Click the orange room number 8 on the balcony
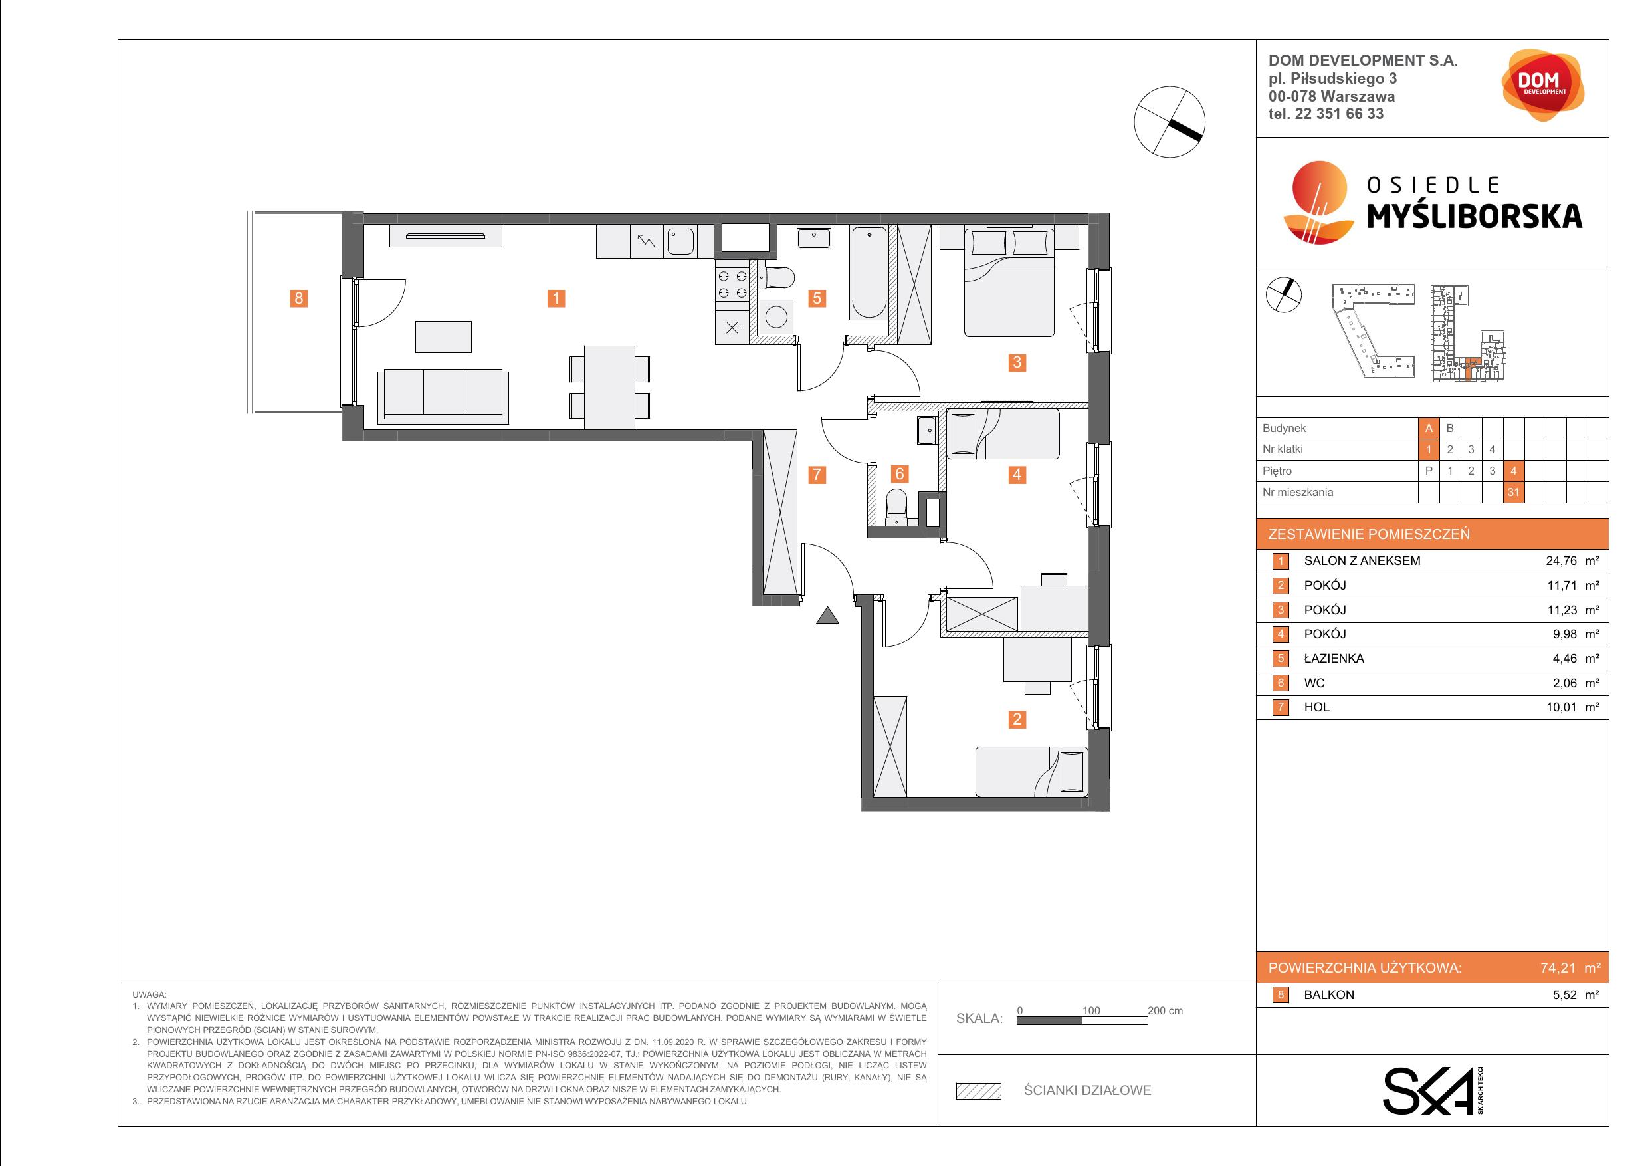coord(298,298)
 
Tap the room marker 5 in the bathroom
coord(817,298)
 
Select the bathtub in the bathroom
coord(869,273)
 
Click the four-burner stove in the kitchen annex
coord(732,284)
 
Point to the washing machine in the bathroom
coord(776,316)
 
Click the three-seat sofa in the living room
coord(443,395)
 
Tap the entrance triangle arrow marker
coord(827,615)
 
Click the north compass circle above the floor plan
coord(1170,122)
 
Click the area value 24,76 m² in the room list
coord(1572,561)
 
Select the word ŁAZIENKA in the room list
coord(1334,658)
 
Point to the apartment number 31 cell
coord(1513,492)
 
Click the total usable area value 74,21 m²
coord(1570,968)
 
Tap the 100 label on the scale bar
coord(1091,1010)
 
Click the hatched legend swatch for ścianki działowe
coord(978,1091)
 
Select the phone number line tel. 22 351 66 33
coord(1326,114)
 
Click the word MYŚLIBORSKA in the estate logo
coord(1475,216)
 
